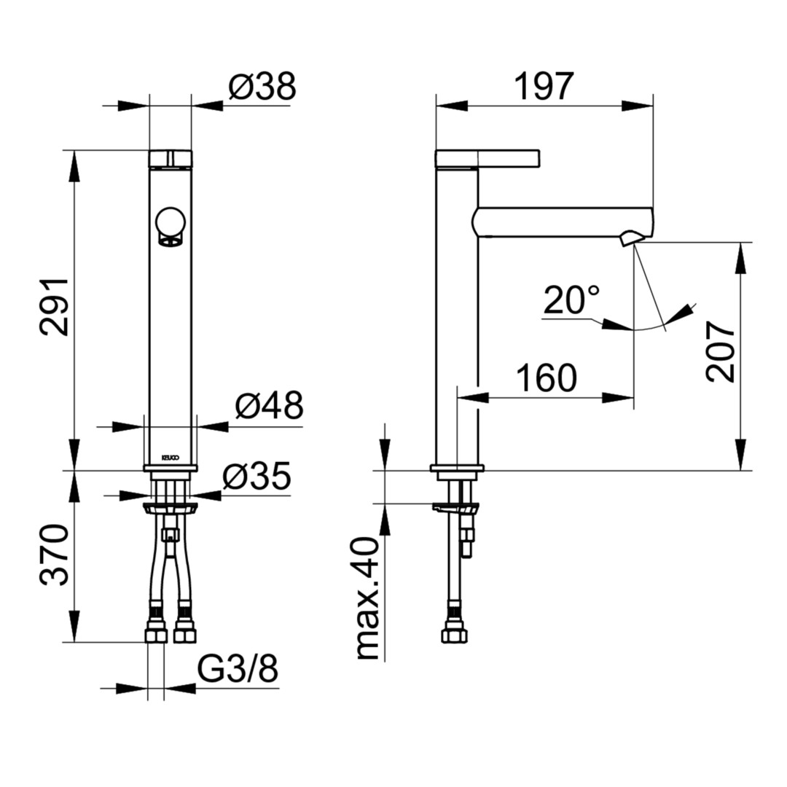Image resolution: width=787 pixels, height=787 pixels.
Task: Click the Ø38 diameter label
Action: [262, 86]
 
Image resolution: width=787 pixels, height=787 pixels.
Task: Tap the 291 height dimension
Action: [54, 307]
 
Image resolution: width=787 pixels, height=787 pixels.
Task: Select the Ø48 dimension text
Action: [269, 405]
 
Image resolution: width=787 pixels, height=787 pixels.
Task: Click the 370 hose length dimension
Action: [54, 555]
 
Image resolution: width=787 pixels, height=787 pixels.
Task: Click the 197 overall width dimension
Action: [544, 86]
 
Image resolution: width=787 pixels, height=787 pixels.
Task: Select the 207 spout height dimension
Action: [720, 352]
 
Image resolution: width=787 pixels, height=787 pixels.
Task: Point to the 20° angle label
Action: [571, 299]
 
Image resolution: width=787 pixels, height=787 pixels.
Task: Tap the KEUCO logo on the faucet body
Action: [170, 458]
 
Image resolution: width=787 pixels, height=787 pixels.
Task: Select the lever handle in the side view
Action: [488, 158]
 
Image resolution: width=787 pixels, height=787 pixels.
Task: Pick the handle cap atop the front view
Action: [171, 158]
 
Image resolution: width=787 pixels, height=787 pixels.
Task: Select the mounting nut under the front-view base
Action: [171, 507]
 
